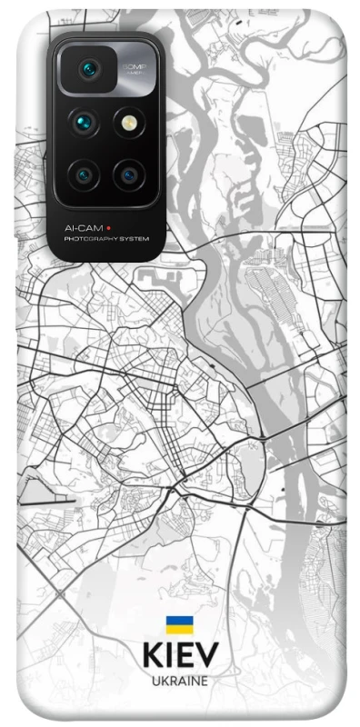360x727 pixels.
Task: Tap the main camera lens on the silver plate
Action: click(89, 69)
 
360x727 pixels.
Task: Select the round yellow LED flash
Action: click(126, 121)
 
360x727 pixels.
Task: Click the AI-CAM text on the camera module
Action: click(83, 226)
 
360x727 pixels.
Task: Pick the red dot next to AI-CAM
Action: click(109, 226)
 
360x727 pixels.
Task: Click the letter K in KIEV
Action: click(152, 656)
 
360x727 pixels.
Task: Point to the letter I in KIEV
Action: click(170, 656)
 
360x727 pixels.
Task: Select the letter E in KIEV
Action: click(185, 656)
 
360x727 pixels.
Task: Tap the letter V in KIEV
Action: click(206, 656)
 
